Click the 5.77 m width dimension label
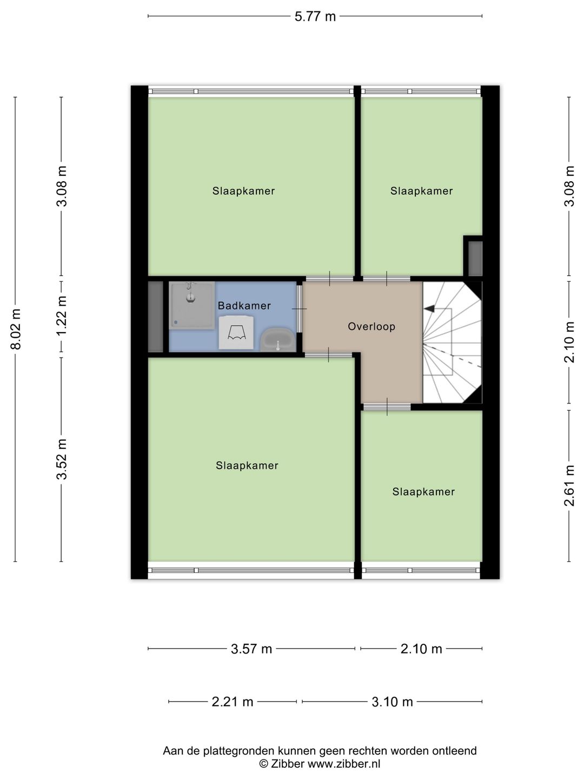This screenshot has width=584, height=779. point(315,16)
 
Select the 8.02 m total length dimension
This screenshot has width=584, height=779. point(16,329)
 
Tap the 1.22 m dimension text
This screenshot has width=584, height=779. point(62,316)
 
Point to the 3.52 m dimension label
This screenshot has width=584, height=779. point(62,459)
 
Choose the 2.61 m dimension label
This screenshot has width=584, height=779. point(569,486)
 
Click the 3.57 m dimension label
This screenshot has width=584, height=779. point(251,649)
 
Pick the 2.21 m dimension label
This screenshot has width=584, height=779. point(233,702)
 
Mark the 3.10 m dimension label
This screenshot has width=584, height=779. point(392,702)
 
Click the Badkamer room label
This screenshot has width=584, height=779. point(244,306)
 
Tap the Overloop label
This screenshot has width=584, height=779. point(371,326)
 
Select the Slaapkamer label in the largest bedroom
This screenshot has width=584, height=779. point(247,465)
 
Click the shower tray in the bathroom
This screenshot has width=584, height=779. point(191,305)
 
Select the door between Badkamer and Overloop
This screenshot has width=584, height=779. point(299,308)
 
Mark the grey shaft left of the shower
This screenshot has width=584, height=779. point(155,316)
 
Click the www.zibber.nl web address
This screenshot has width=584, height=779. point(343,764)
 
